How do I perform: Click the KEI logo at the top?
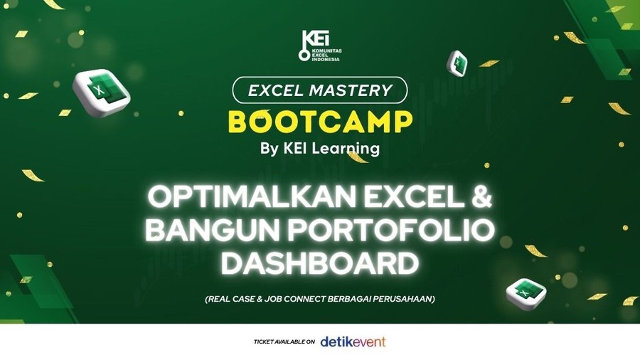pyautogui.click(x=319, y=46)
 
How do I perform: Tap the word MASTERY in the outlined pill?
pyautogui.click(x=351, y=90)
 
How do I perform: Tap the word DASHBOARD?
pyautogui.click(x=319, y=263)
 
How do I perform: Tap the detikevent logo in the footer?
pyautogui.click(x=353, y=342)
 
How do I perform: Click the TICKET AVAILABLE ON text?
pyautogui.click(x=284, y=342)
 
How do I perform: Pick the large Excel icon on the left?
pyautogui.click(x=101, y=92)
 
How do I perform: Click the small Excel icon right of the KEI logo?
pyautogui.click(x=457, y=63)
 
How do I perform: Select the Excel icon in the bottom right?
pyautogui.click(x=526, y=293)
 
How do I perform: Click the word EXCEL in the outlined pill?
pyautogui.click(x=276, y=90)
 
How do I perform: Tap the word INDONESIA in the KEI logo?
pyautogui.click(x=326, y=59)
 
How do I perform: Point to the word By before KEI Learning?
pyautogui.click(x=269, y=149)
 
